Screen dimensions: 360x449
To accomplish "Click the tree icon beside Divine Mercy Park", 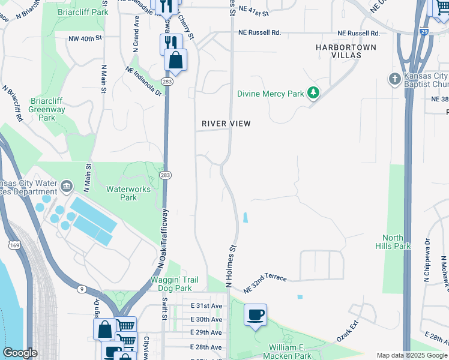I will pyautogui.click(x=312, y=93).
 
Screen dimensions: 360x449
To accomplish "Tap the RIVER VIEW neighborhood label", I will pyautogui.click(x=226, y=124).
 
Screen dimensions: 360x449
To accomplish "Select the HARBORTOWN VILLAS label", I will pyautogui.click(x=347, y=51).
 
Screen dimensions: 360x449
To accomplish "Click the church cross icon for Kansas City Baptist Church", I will pyautogui.click(x=394, y=79).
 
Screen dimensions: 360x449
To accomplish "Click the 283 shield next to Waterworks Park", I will pyautogui.click(x=166, y=175).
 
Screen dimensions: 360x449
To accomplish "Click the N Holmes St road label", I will pyautogui.click(x=229, y=265).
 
